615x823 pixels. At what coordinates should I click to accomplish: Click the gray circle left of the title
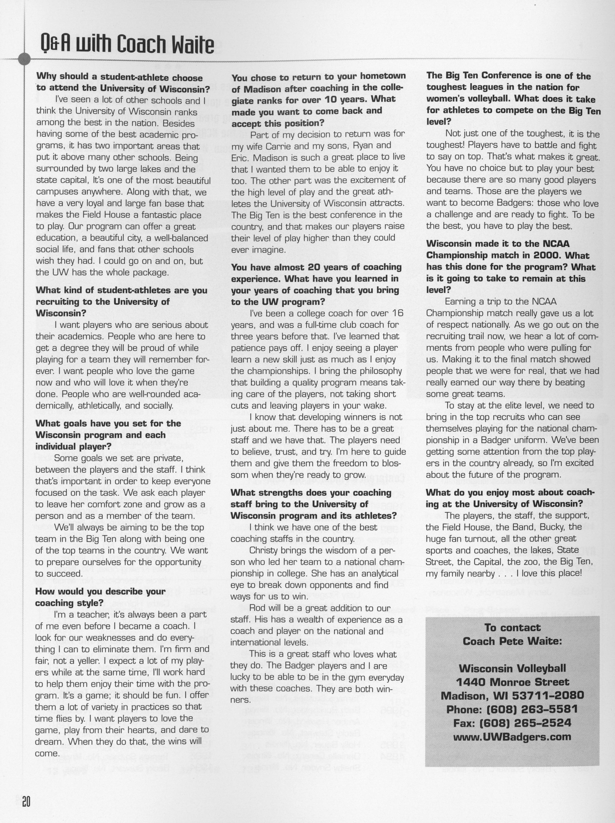(24, 59)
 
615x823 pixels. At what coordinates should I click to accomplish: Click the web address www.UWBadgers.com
(512, 736)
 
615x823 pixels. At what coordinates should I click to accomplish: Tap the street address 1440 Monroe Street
(512, 682)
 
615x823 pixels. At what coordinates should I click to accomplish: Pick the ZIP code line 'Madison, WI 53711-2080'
(512, 695)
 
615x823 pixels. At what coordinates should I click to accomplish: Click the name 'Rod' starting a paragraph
(257, 608)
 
